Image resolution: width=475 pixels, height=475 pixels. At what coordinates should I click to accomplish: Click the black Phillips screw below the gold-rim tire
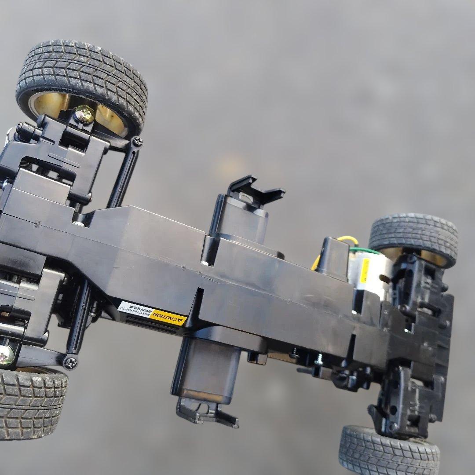[137, 142]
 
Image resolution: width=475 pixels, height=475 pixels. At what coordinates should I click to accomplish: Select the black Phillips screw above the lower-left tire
[70, 362]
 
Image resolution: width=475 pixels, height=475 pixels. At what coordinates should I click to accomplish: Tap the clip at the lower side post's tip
[207, 411]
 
